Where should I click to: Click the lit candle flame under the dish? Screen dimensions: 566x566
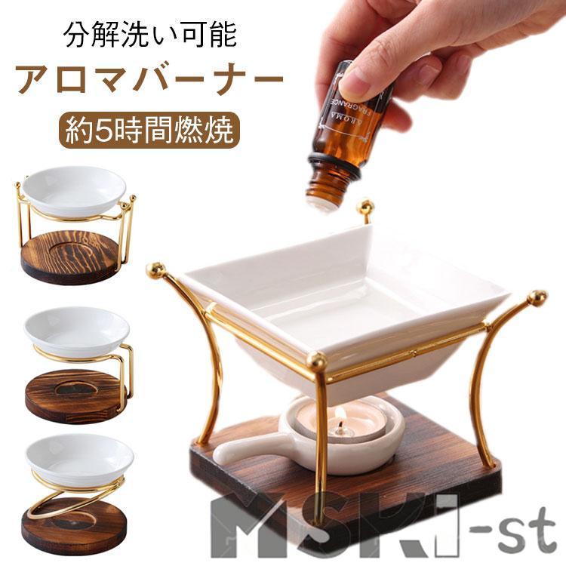coord(340,414)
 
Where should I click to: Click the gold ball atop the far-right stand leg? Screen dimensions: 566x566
coord(537,297)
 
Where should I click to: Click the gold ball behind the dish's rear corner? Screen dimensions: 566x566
coord(365,206)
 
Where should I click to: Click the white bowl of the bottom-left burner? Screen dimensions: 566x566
coord(79,460)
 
